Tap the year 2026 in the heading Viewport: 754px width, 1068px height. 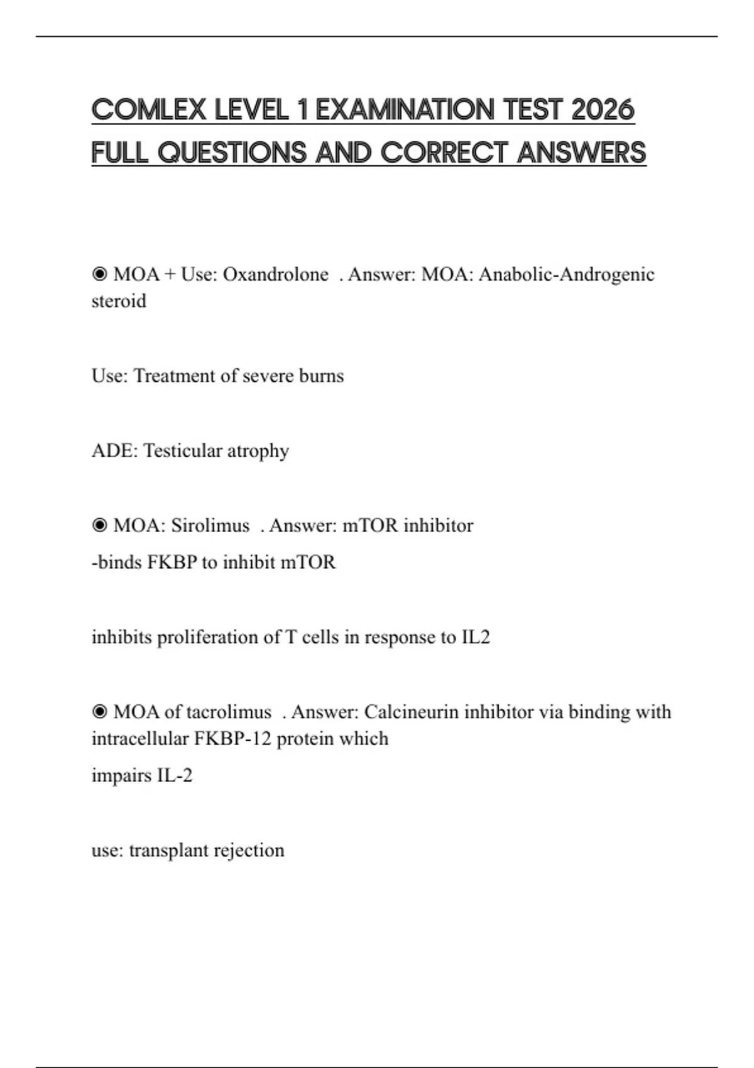coord(603,110)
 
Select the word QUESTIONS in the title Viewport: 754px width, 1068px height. coord(232,153)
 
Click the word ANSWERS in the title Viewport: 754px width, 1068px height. coord(581,153)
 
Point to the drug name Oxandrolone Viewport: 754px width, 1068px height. coord(275,275)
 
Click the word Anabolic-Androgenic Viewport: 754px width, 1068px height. coord(566,275)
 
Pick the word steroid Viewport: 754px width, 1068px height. coord(119,302)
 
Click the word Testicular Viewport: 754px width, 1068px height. coord(182,450)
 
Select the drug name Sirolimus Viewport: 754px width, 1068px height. coord(210,525)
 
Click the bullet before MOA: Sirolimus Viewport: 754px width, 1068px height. coord(99,525)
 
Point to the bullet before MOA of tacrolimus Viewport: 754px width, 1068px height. coord(99,712)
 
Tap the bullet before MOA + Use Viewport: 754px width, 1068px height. coord(99,275)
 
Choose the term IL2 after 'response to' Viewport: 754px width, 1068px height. coord(476,637)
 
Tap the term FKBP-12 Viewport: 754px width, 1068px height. coord(232,738)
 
